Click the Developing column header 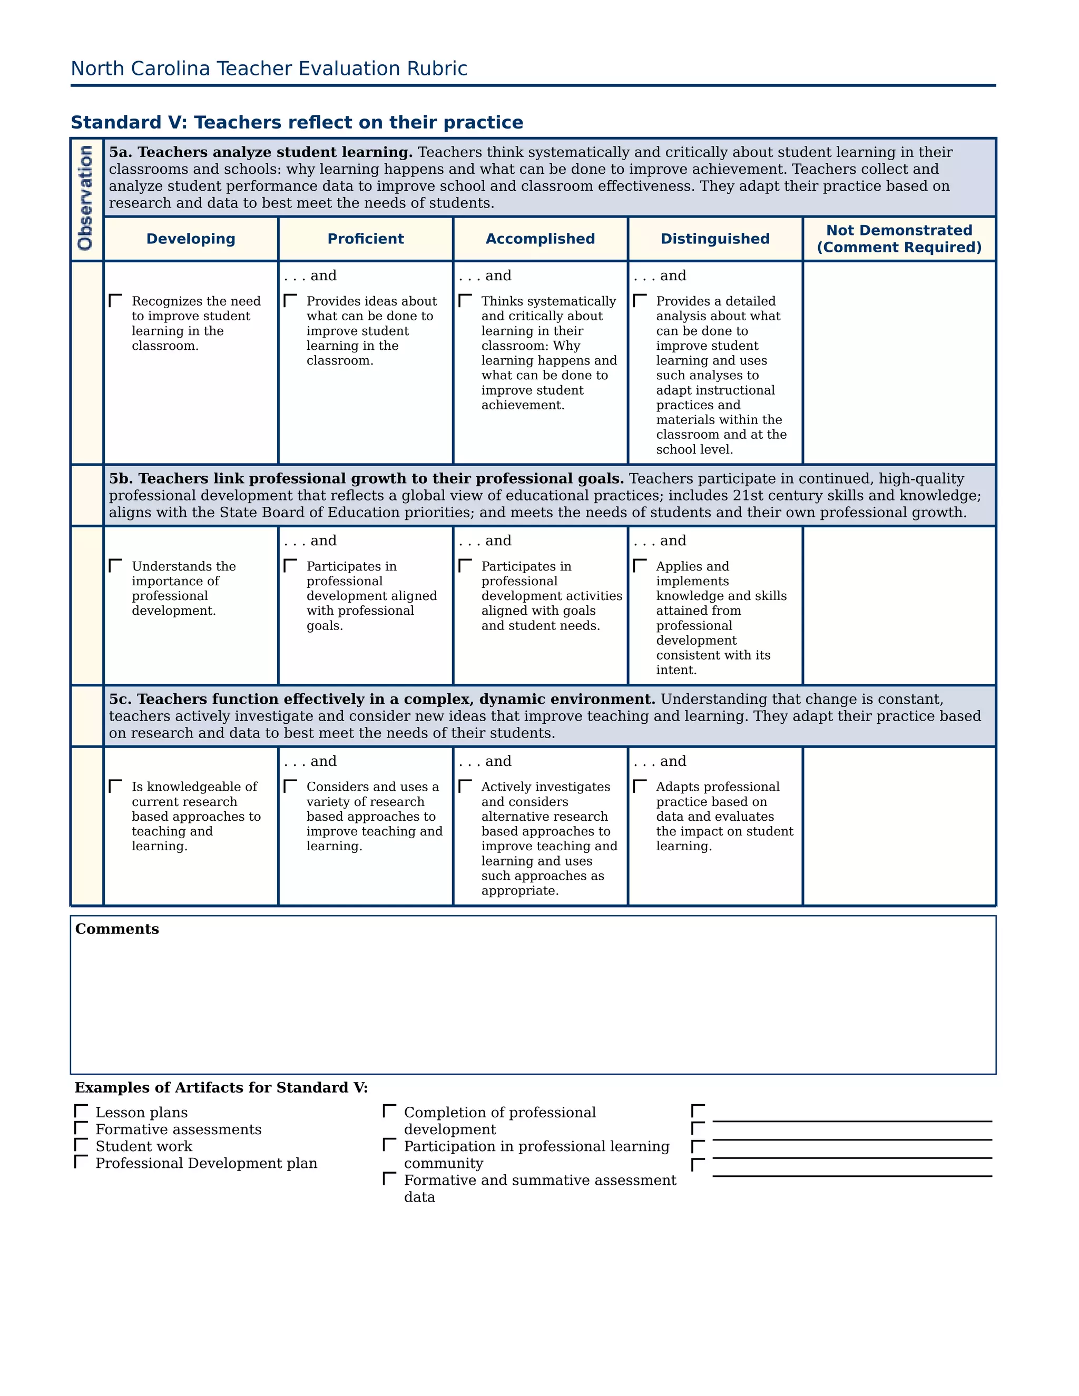pyautogui.click(x=191, y=239)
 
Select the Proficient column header pyautogui.click(x=366, y=239)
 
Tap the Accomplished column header pyautogui.click(x=540, y=239)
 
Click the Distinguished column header pyautogui.click(x=714, y=239)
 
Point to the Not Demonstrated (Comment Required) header pyautogui.click(x=899, y=239)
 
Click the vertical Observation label pyautogui.click(x=86, y=198)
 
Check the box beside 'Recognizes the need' pyautogui.click(x=116, y=300)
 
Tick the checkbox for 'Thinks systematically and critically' pyautogui.click(x=465, y=300)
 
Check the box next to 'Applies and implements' pyautogui.click(x=640, y=566)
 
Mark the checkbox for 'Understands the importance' pyautogui.click(x=116, y=566)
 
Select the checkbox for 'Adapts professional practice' pyautogui.click(x=640, y=786)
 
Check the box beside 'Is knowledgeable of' pyautogui.click(x=116, y=786)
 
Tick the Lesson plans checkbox pyautogui.click(x=81, y=1111)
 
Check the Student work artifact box pyautogui.click(x=81, y=1145)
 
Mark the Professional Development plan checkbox pyautogui.click(x=81, y=1162)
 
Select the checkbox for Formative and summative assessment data pyautogui.click(x=389, y=1178)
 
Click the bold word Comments pyautogui.click(x=117, y=929)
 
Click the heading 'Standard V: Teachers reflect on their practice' pyautogui.click(x=297, y=123)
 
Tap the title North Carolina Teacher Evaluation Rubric pyautogui.click(x=269, y=69)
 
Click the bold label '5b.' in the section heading pyautogui.click(x=121, y=479)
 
